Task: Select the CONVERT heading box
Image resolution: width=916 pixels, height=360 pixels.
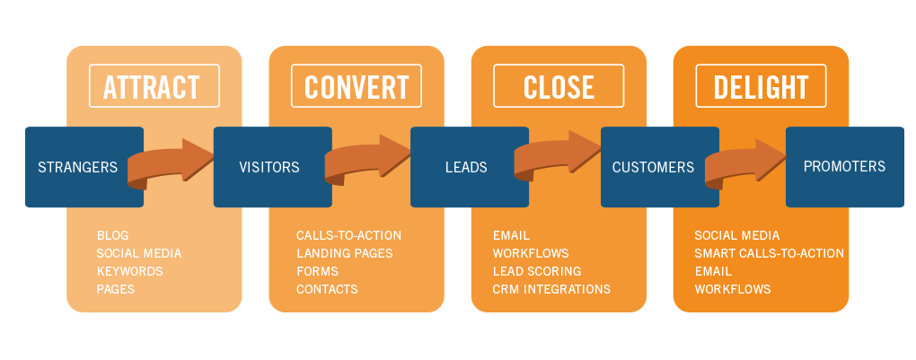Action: pyautogui.click(x=357, y=87)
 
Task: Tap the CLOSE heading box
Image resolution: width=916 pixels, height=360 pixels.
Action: pyautogui.click(x=559, y=87)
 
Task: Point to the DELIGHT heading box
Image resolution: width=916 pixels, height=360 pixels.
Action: pyautogui.click(x=761, y=87)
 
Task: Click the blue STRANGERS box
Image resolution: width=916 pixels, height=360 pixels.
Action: pyautogui.click(x=79, y=167)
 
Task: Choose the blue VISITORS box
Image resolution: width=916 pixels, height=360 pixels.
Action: pyautogui.click(x=269, y=167)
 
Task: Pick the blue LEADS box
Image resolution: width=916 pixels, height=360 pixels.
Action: pyautogui.click(x=465, y=167)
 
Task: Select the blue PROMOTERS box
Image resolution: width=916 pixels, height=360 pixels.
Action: pyautogui.click(x=844, y=167)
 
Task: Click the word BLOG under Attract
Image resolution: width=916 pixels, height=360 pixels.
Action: pyautogui.click(x=112, y=235)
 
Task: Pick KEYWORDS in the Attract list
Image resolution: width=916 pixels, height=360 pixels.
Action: pyautogui.click(x=129, y=271)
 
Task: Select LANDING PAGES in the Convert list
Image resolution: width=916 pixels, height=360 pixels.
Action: pyautogui.click(x=344, y=253)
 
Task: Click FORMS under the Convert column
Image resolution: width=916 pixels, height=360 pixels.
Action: pyautogui.click(x=317, y=271)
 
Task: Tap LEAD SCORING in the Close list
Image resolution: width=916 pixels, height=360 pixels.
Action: pyautogui.click(x=536, y=271)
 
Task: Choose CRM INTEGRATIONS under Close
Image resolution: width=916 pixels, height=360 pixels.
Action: pyautogui.click(x=550, y=289)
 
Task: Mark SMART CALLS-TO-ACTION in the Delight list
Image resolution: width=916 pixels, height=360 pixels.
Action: pyautogui.click(x=769, y=253)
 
